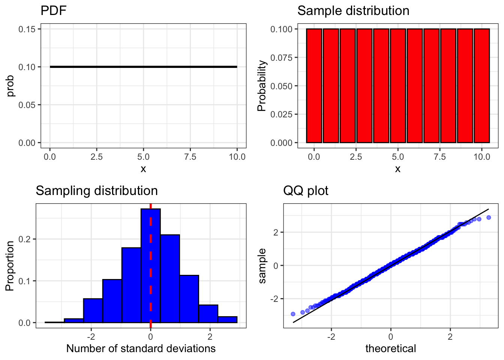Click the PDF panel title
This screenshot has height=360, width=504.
53,10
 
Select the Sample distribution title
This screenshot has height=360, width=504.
353,10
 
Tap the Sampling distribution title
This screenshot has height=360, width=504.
96,191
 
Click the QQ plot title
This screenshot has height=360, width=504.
305,191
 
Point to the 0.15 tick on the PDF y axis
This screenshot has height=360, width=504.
29,29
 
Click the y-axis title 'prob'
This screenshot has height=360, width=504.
10,86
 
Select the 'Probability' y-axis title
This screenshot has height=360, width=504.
261,86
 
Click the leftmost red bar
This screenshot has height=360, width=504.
314,86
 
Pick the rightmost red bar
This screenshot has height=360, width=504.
481,86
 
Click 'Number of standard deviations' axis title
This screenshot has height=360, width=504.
141,349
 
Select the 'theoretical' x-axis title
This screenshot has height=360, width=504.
390,349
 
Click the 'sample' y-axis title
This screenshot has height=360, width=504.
262,266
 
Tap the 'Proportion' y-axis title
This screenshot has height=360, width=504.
10,266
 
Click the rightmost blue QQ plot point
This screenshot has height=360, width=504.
489,217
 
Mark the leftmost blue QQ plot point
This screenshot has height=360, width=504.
293,314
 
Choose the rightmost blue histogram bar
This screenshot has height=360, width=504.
227,319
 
